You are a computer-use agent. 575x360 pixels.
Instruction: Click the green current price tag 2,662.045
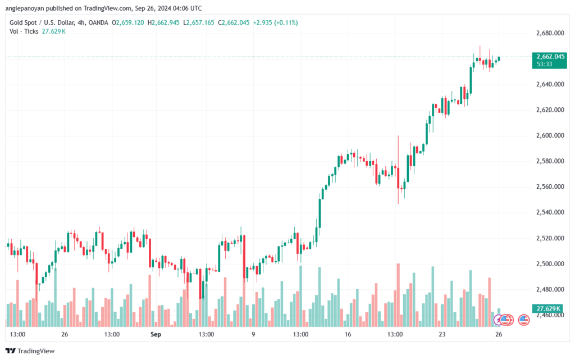pyautogui.click(x=550, y=57)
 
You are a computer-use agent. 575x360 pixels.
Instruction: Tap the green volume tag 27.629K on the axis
pyautogui.click(x=546, y=309)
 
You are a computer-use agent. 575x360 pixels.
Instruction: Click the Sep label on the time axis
pyautogui.click(x=156, y=334)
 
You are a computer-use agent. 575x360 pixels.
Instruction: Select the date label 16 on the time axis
pyautogui.click(x=348, y=334)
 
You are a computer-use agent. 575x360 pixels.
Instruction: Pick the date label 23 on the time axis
pyautogui.click(x=442, y=334)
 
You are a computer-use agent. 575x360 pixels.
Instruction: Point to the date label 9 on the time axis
pyautogui.click(x=253, y=334)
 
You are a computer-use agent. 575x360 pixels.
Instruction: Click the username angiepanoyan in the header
pyautogui.click(x=25, y=8)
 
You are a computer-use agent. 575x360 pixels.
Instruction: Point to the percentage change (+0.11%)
pyautogui.click(x=283, y=22)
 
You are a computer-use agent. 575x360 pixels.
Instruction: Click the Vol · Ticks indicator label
pyautogui.click(x=24, y=31)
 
